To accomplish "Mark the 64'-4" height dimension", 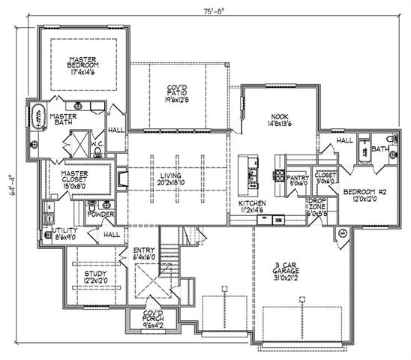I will [10, 184].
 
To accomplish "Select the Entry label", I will [144, 254].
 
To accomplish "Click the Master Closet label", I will [74, 178].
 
